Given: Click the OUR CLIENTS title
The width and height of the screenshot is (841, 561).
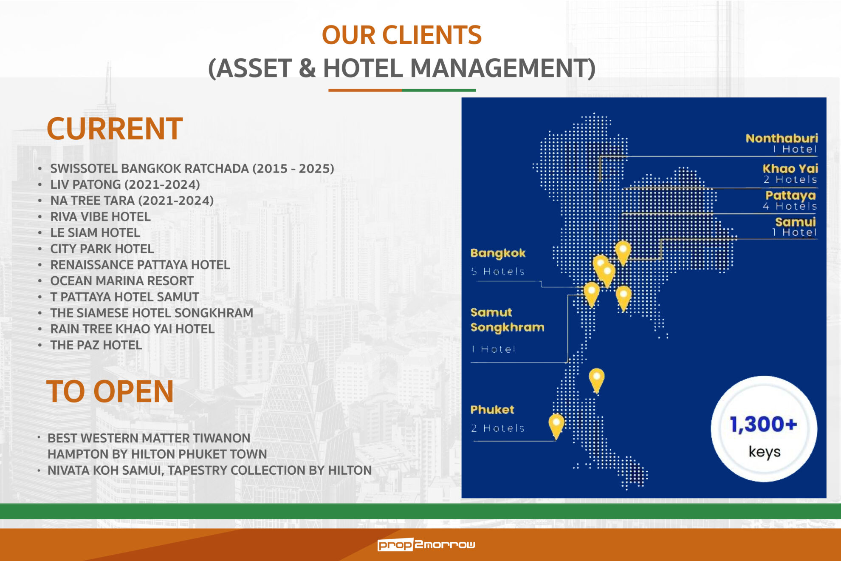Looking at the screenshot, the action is coord(401,35).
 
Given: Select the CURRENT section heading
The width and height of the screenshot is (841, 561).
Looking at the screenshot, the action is coord(115,128).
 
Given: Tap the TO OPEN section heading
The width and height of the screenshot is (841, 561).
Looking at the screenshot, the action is coord(110,391).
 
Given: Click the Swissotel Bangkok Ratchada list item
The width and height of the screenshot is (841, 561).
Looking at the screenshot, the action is coord(192,169).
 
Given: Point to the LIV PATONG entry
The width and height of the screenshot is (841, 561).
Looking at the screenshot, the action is coord(125,184).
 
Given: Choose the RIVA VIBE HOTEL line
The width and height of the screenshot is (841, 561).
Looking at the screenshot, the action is coord(100,217).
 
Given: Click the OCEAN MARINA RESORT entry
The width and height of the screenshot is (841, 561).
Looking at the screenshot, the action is coord(122,281).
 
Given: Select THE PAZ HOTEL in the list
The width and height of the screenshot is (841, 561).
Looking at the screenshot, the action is coord(96,345).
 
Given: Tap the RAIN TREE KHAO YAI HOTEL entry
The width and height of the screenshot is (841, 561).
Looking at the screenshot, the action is coord(132,329).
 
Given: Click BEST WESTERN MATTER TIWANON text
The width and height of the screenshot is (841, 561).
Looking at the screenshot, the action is coord(149,438).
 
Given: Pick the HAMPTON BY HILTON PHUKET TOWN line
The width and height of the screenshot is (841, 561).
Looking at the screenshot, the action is coord(157,454).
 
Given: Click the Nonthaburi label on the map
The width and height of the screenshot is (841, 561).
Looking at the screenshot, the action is coord(782,138).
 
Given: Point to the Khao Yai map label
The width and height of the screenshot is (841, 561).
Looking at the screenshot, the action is coord(790,168).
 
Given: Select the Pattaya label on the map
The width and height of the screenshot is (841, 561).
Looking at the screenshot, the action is coord(790,195).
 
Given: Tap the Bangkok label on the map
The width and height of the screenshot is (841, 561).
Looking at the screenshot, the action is coord(498,253).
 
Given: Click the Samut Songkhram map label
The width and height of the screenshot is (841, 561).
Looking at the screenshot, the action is coord(507,320).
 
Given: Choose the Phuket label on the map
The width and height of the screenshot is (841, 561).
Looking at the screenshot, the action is coord(492,410).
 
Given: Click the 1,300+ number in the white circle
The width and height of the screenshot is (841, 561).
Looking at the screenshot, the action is coord(763,425).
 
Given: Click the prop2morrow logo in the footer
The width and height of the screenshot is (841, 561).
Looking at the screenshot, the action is coord(426,544).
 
